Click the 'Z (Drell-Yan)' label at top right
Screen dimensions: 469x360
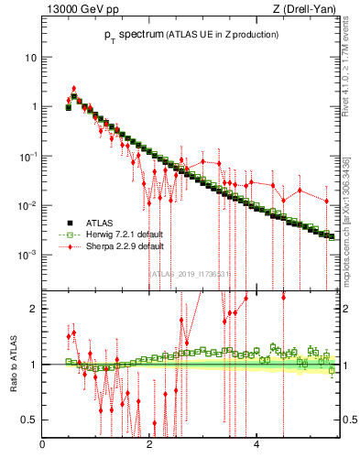(x=304, y=10)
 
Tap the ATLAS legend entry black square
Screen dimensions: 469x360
(x=68, y=223)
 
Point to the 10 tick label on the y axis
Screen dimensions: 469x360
(x=30, y=58)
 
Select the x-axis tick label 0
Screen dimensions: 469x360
(x=43, y=446)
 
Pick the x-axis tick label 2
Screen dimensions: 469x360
(x=149, y=446)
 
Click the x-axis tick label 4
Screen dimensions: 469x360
(x=256, y=446)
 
